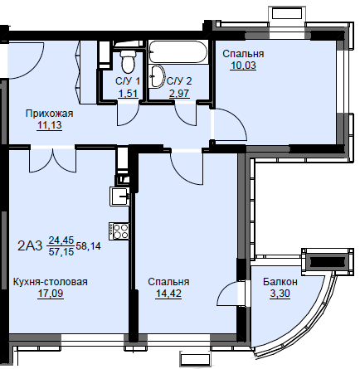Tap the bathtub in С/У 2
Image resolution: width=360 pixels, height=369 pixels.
(x=178, y=52)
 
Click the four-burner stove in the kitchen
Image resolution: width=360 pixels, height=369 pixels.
(x=119, y=231)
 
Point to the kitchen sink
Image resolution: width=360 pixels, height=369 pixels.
(x=119, y=196)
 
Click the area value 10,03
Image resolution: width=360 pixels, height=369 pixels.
(x=243, y=66)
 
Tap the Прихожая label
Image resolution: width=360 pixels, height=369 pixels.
(x=49, y=114)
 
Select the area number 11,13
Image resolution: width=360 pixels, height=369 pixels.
(x=50, y=126)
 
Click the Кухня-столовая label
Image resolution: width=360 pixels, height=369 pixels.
(x=51, y=282)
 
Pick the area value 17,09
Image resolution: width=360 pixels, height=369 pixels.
(x=51, y=294)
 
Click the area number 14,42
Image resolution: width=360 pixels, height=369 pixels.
(x=168, y=294)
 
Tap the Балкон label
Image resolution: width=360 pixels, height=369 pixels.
(x=280, y=282)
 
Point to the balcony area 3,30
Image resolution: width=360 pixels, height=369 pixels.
(x=280, y=294)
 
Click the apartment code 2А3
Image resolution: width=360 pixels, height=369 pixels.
(x=30, y=245)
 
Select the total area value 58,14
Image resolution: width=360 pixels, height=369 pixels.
(x=88, y=245)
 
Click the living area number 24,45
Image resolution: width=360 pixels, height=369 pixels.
(x=61, y=240)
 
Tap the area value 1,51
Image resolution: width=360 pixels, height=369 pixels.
(x=128, y=94)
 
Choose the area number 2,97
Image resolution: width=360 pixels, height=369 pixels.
(x=179, y=94)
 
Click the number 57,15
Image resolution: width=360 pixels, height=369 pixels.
(x=61, y=251)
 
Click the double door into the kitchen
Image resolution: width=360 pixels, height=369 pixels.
(x=52, y=159)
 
